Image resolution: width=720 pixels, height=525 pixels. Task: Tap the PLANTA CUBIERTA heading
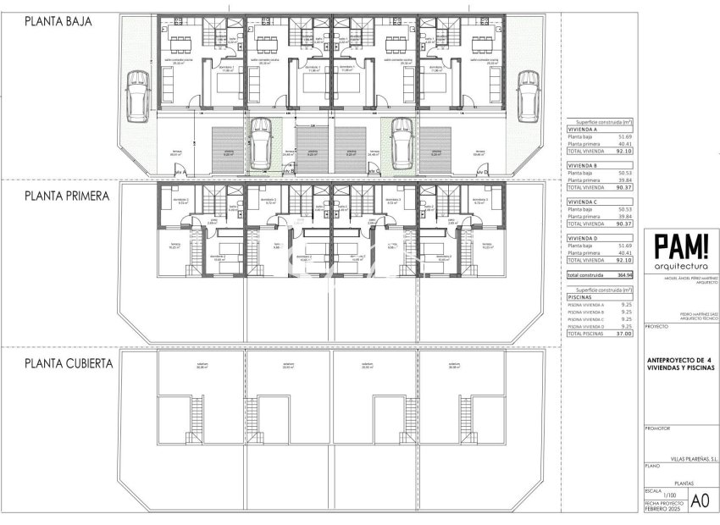69,362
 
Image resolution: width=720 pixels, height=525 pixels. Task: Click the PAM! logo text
682,248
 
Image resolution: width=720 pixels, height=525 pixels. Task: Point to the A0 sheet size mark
700,500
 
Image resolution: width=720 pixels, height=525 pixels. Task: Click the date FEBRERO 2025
662,510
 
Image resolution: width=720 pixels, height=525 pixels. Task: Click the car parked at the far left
136,94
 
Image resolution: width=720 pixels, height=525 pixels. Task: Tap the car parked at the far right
528,94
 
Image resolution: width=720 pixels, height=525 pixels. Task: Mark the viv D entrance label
484,171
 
